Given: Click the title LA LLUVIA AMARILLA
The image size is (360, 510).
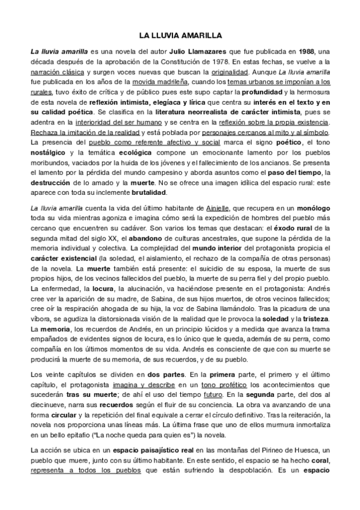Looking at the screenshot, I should click(180, 35).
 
